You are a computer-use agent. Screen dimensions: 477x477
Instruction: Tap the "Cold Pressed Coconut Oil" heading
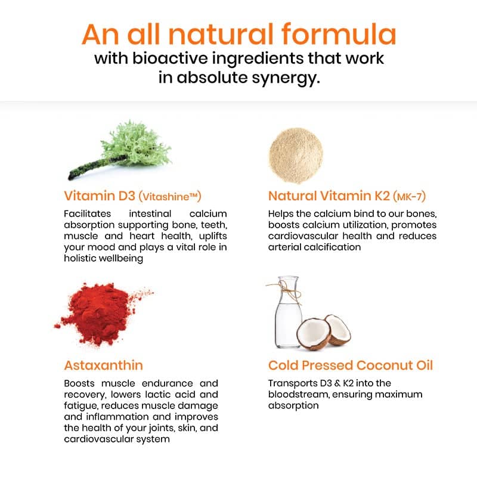[x=351, y=365]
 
